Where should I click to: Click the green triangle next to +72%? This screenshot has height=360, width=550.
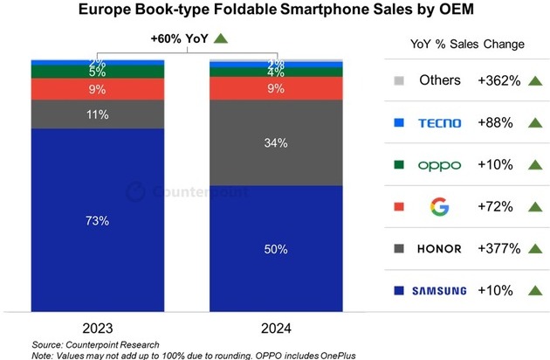pos(532,207)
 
